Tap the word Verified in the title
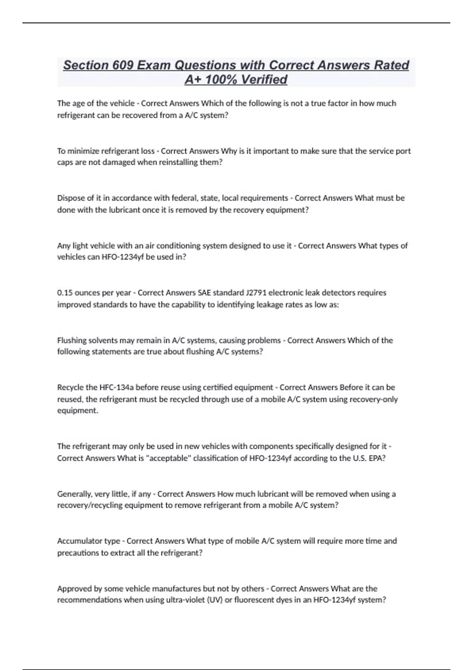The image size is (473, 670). (264, 80)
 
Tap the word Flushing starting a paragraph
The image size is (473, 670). (72, 340)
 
